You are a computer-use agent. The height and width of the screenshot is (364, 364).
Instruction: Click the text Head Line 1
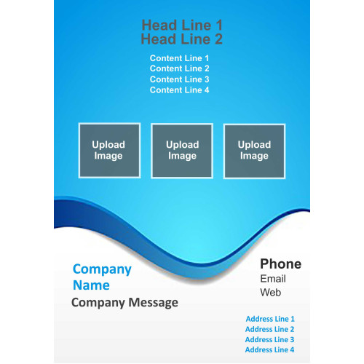pos(182,25)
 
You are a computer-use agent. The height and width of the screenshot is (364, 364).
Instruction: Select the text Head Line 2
pos(182,39)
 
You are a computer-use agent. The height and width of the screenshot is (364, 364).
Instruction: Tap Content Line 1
pos(179,58)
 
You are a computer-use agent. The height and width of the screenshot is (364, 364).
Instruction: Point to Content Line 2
pos(180,68)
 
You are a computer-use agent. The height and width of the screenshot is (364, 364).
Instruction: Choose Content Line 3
pos(180,79)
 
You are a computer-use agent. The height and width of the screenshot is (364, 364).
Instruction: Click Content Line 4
pos(180,90)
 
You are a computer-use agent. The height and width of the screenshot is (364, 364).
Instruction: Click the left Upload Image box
pos(109,151)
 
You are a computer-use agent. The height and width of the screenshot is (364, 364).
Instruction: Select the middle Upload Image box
pos(182,151)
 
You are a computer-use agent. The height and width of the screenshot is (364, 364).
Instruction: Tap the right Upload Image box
pos(254,151)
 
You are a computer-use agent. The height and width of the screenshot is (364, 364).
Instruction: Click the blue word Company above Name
pos(102,269)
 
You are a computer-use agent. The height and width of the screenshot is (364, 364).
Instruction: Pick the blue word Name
pos(91,285)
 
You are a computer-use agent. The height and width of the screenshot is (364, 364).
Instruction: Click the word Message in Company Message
pos(154,303)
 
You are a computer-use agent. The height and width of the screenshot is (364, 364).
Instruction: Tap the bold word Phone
pos(281,264)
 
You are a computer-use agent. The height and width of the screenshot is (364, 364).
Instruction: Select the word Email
pos(273,279)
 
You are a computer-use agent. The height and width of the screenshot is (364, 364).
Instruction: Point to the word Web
pos(271,293)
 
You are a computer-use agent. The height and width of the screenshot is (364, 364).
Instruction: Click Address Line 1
pos(270,319)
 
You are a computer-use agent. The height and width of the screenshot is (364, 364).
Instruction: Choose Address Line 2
pos(269,329)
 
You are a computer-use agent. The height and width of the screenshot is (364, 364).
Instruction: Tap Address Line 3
pos(269,340)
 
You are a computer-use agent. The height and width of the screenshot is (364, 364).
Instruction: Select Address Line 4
pos(269,350)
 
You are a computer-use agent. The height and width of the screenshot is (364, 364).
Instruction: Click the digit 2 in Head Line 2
pos(218,39)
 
